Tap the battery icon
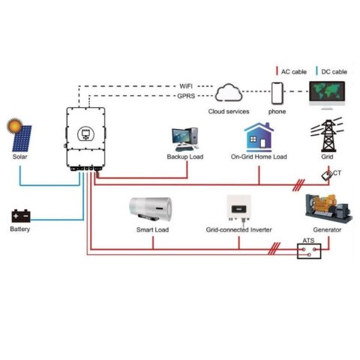click(x=20, y=216)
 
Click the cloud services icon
click(x=229, y=94)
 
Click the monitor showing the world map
click(x=331, y=97)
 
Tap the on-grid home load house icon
click(x=258, y=137)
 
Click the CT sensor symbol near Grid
click(x=328, y=174)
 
